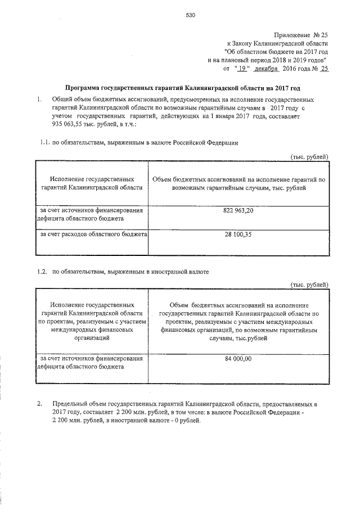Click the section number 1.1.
(x=44, y=143)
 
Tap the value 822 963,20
(x=238, y=210)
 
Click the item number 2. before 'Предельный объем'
(x=39, y=404)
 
